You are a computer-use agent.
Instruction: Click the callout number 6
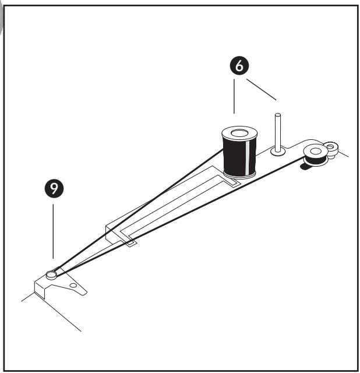pos(238,66)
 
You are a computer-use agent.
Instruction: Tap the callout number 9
pos(54,188)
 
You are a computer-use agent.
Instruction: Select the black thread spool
pos(238,153)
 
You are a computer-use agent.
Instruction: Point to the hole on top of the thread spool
pos(238,135)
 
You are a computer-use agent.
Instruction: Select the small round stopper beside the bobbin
pos(333,146)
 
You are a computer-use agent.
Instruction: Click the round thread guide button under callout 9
pos(52,273)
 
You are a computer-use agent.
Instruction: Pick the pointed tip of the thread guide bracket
pos(86,291)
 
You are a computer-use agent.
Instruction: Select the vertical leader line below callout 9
pos(53,230)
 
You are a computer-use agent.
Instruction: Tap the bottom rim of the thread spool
pos(239,175)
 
